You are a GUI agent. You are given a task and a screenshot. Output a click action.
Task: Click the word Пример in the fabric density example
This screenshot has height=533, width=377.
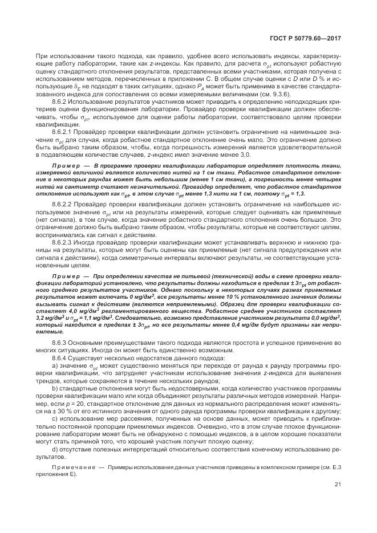click(64, 165)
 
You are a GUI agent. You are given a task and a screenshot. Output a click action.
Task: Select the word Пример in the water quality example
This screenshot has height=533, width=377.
click(64, 276)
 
